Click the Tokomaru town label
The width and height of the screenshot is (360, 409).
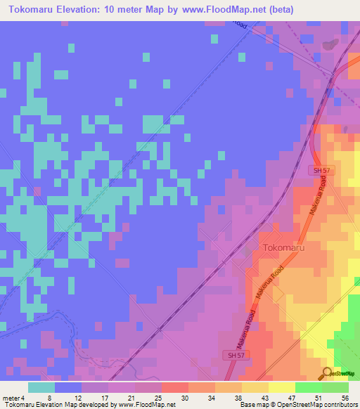pos(285,248)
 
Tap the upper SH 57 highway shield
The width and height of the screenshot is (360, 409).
pos(320,171)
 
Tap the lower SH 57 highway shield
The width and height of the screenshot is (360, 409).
pos(236,356)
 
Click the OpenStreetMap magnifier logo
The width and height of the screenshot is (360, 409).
pos(328,372)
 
